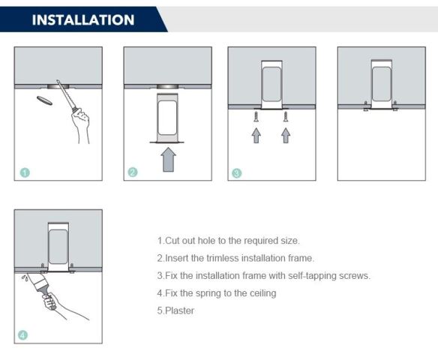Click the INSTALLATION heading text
tap(83, 19)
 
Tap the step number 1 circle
tap(25, 172)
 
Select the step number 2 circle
tap(133, 172)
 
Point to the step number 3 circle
tap(236, 173)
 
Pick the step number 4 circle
tap(23, 334)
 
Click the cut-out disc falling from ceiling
tap(44, 100)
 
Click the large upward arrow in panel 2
tap(169, 160)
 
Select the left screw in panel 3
tap(256, 117)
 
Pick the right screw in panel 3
tap(286, 117)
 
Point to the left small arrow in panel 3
tap(256, 136)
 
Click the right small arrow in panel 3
tap(286, 136)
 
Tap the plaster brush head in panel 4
tap(40, 281)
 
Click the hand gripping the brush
tap(50, 301)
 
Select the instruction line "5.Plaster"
tap(175, 310)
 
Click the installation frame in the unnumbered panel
tap(381, 85)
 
